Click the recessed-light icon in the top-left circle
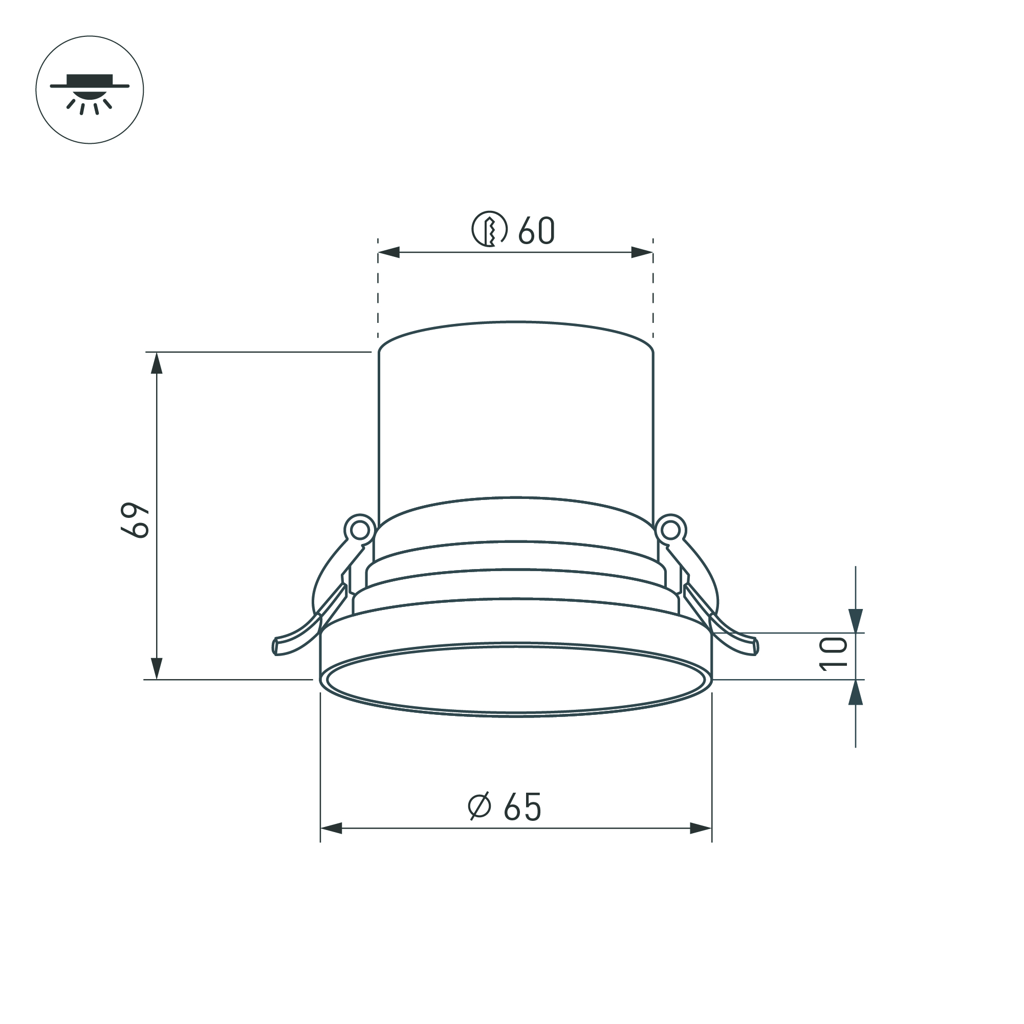click(90, 90)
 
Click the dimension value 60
click(536, 231)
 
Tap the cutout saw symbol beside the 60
click(489, 229)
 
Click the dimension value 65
click(522, 807)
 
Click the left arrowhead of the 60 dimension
click(388, 252)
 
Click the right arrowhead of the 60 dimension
click(642, 252)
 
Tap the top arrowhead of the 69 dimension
click(157, 363)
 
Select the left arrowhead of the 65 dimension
click(331, 828)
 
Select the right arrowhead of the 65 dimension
click(701, 828)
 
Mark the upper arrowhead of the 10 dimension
click(856, 621)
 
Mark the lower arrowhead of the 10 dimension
click(856, 693)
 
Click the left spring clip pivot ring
click(359, 529)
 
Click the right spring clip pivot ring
click(670, 529)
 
